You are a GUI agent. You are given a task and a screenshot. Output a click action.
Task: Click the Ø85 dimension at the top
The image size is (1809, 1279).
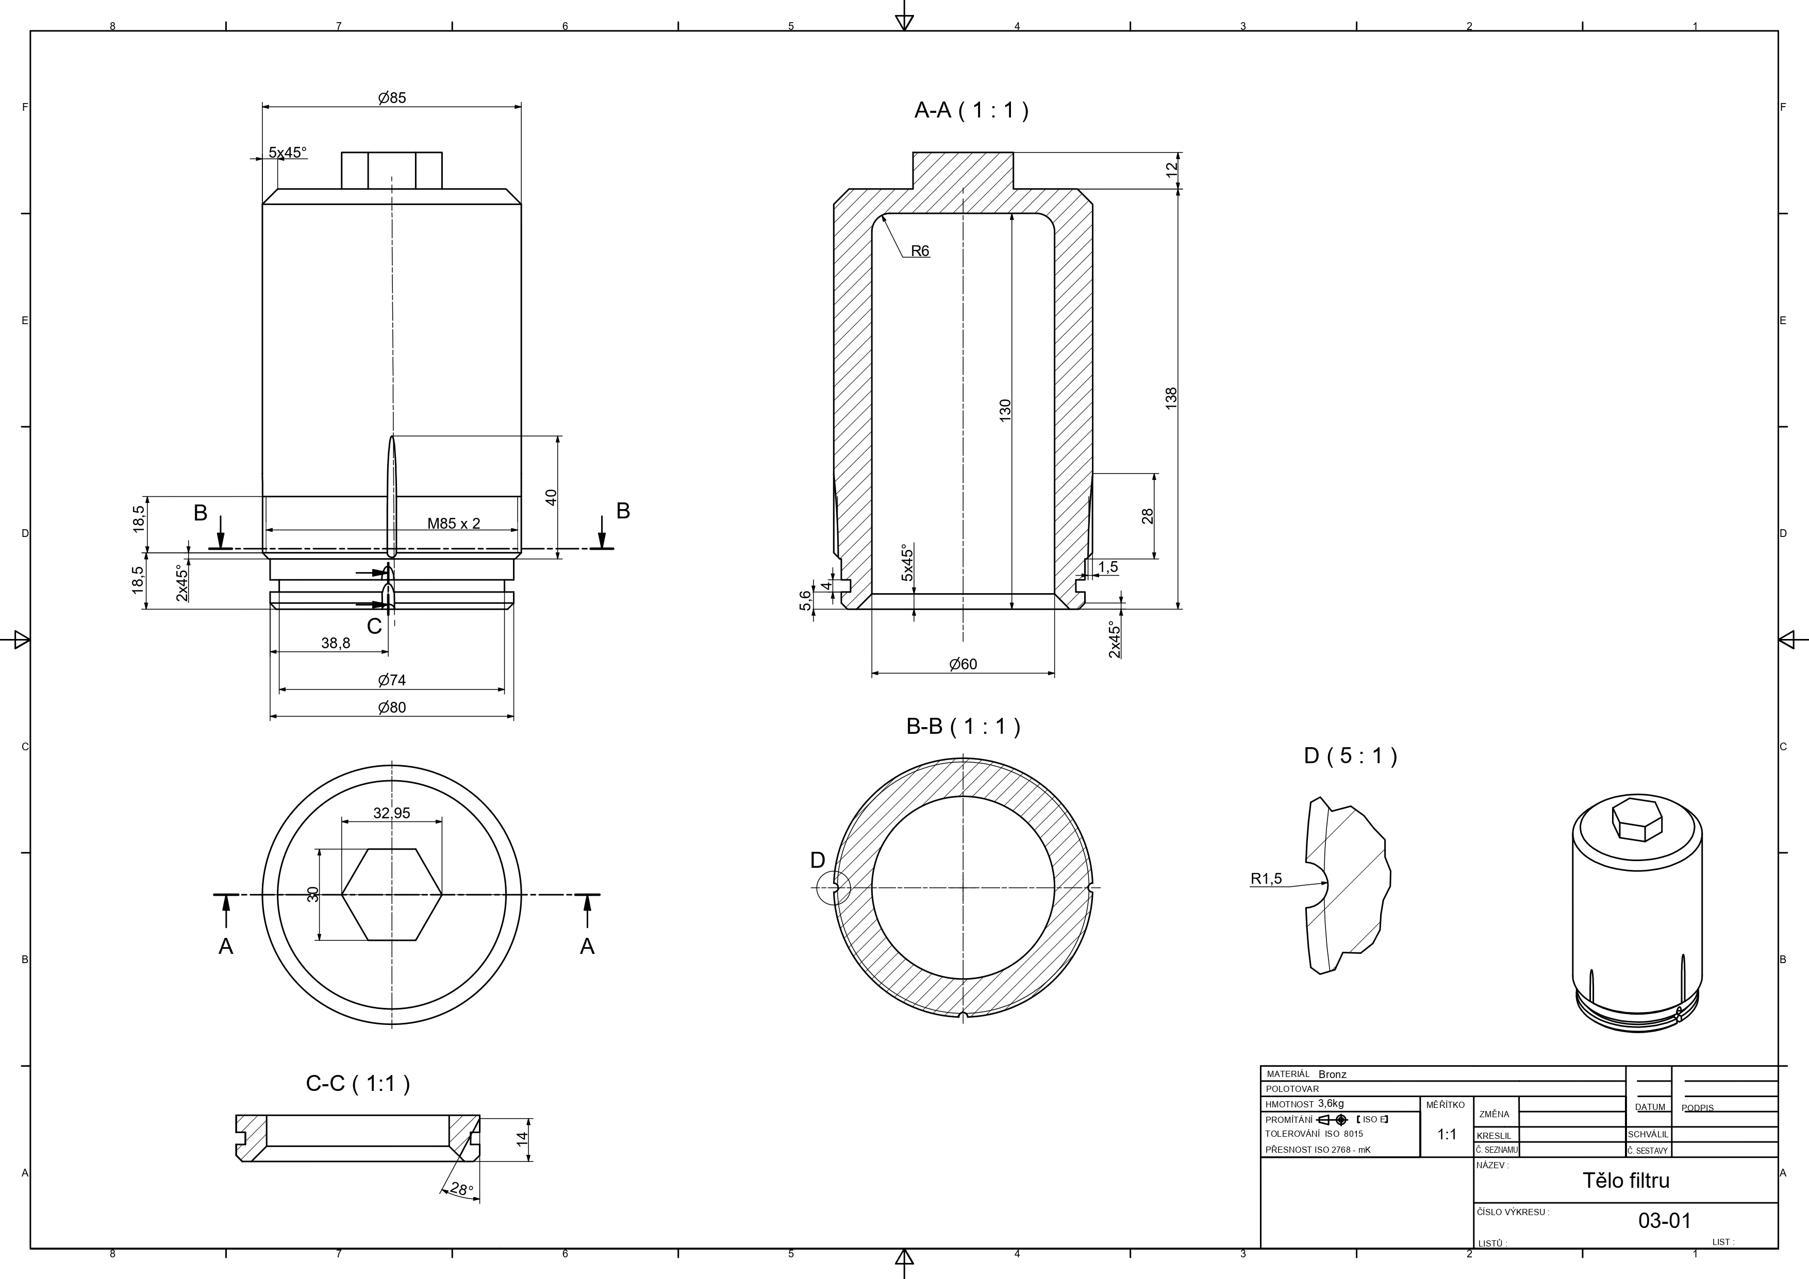click(x=392, y=98)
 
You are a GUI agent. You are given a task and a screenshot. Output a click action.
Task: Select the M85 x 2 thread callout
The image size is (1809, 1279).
click(x=453, y=523)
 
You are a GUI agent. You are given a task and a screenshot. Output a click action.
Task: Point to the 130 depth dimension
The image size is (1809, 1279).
click(x=1005, y=410)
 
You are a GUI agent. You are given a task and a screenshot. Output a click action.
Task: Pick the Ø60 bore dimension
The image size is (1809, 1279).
click(x=963, y=664)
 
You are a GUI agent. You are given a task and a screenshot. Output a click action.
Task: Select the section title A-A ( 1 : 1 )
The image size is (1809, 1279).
click(x=971, y=110)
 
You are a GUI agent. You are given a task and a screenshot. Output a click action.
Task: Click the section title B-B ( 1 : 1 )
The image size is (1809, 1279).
click(x=963, y=726)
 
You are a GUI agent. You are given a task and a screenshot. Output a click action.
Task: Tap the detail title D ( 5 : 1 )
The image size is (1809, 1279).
click(x=1350, y=756)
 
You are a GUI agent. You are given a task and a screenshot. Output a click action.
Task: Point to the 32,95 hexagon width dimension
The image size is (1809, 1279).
click(x=392, y=813)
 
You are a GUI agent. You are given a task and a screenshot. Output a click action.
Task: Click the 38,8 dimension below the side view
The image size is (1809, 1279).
click(x=336, y=643)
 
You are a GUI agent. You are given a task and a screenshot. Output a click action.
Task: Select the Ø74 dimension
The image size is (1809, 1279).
click(x=392, y=680)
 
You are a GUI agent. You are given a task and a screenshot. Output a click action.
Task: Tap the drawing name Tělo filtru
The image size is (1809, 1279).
click(x=1625, y=1181)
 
